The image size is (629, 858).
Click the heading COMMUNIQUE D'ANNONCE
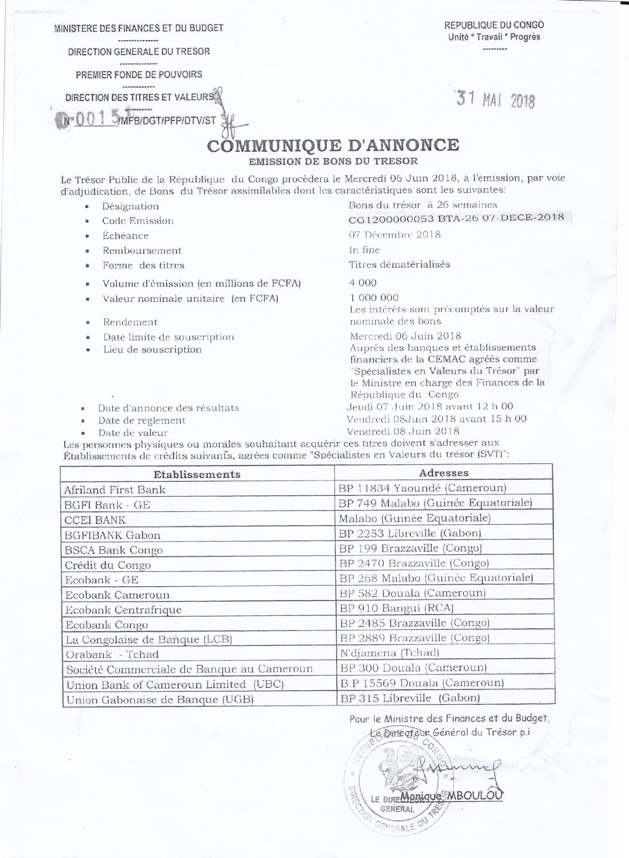coord(333,145)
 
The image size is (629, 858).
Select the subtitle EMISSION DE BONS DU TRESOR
coord(333,161)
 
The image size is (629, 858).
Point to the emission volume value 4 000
coord(363,283)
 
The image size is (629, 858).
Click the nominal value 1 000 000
coord(374,297)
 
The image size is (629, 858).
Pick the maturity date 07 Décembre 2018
coord(395,235)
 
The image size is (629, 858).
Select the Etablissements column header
coord(197,474)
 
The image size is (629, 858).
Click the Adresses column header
coord(443,473)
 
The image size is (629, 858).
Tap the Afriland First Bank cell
coord(115,490)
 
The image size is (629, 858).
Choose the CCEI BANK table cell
coord(95,520)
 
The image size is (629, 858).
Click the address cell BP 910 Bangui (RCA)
coord(396,608)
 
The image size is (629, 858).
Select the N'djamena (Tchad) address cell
coord(389,653)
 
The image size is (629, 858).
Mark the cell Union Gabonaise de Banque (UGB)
coord(160,699)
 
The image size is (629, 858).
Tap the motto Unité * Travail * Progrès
coord(494,37)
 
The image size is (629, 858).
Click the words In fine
coord(364,250)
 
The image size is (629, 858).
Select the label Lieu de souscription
coord(152,349)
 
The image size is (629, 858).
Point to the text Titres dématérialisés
coord(399,265)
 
